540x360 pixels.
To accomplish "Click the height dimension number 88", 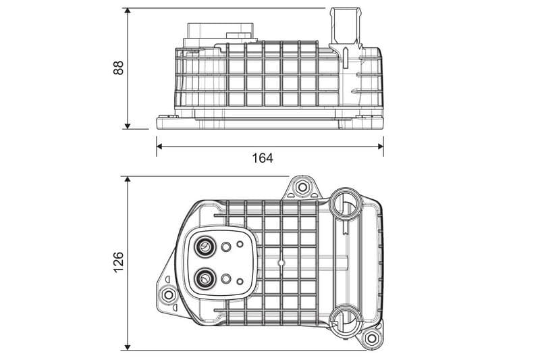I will pos(119,68).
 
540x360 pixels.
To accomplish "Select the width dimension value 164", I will pos(262,158).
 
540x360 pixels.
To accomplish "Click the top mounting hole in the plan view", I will pos(302,186).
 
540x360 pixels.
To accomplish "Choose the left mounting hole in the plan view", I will pos(168,294).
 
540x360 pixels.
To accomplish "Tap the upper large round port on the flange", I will pos(203,249).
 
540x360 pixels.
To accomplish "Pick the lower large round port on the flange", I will pos(203,277).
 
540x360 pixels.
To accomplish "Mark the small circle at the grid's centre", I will pos(281,259).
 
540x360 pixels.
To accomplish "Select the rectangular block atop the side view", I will pos(220,34).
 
